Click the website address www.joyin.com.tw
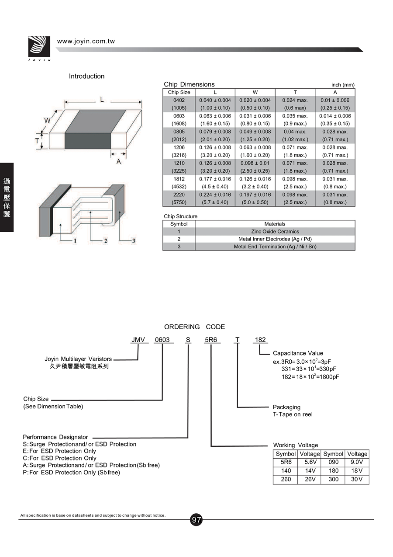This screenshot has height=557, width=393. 86,41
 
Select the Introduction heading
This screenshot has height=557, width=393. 87,76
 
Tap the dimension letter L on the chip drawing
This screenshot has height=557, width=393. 102,100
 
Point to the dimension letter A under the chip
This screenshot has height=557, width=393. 118,161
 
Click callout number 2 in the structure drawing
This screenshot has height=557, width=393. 106,241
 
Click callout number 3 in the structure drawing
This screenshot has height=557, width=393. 134,241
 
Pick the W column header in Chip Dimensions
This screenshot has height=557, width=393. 255,92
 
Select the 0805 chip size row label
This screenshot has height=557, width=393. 179,132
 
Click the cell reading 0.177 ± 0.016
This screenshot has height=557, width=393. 215,179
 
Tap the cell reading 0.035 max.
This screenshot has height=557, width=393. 295,116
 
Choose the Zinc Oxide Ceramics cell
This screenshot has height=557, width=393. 275,231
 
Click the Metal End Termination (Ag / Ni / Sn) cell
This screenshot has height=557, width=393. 275,247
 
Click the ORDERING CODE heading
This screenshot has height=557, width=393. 195,327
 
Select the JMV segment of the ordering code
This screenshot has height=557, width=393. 138,340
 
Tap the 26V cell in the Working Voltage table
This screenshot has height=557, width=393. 310,479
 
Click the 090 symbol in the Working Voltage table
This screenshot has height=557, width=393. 333,462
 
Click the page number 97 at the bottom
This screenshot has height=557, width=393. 196,520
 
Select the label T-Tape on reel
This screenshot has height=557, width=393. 293,414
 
